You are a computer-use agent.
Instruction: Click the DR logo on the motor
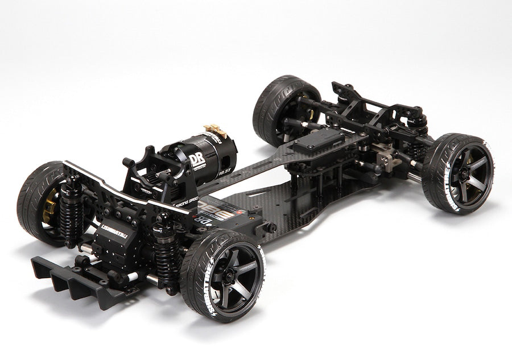197,160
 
